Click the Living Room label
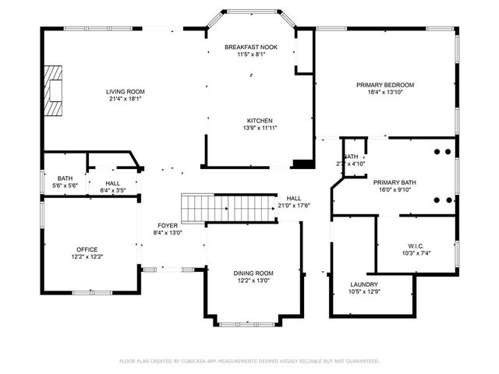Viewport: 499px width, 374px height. pos(126,91)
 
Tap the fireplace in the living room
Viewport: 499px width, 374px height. pos(53,90)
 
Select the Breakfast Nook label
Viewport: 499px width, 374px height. pos(251,48)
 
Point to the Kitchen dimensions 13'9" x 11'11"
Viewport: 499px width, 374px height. pos(260,128)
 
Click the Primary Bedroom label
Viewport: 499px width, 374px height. pos(385,85)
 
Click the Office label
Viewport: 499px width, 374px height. pos(87,249)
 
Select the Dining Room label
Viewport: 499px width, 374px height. pos(253,273)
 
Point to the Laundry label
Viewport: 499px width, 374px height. pos(364,284)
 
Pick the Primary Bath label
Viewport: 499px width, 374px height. pos(395,182)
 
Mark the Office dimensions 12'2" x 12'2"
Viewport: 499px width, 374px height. pos(87,256)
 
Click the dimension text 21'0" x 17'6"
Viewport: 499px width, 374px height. pos(294,206)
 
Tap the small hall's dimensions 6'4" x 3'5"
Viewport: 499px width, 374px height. pos(112,191)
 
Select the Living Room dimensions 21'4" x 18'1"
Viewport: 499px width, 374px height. pos(126,99)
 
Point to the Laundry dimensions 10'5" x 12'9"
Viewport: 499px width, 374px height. pos(364,291)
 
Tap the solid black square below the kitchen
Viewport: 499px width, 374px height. pos(300,164)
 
